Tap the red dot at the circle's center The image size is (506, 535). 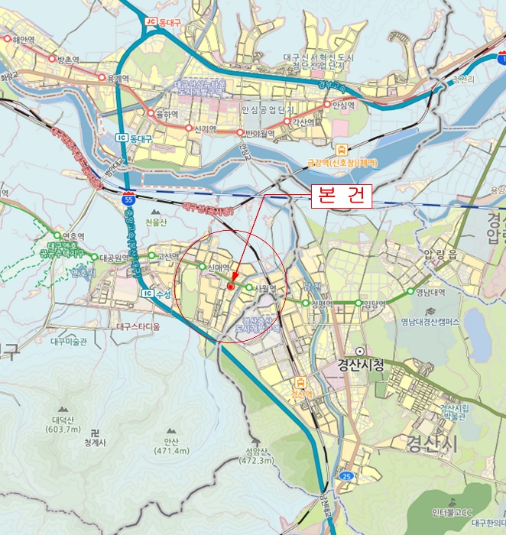point(230,285)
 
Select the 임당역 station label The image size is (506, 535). point(374,303)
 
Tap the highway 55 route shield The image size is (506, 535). point(128,197)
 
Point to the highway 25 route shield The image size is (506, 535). point(346,476)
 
